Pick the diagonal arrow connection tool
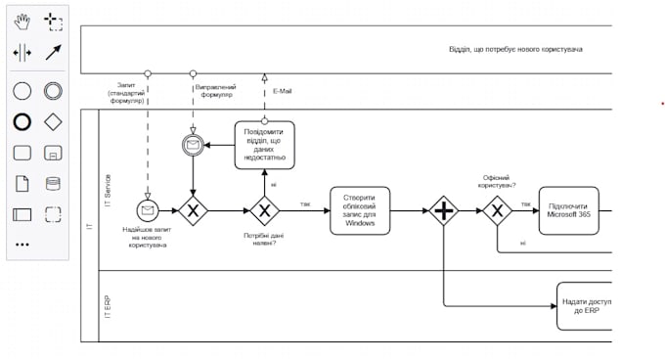pos(52,52)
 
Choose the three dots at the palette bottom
pos(22,245)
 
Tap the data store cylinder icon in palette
pos(52,183)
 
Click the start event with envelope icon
pos(148,209)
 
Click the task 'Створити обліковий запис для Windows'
pos(360,209)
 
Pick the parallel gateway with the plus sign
pos(444,209)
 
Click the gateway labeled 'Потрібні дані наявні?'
pos(264,209)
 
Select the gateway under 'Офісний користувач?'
pos(497,209)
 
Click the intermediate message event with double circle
pos(193,146)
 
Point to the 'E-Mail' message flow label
pos(280,91)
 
